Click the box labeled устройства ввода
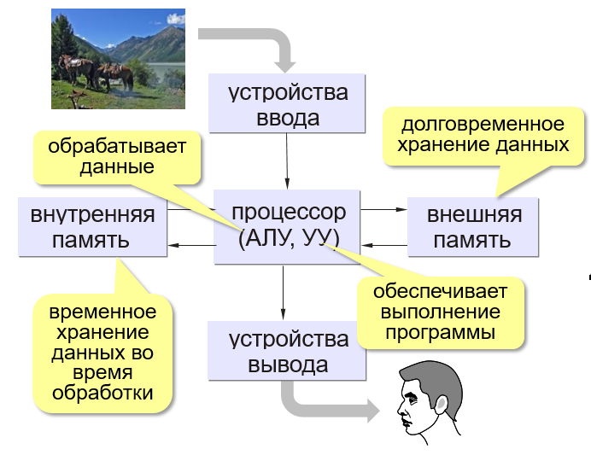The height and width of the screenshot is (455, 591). [x=288, y=103]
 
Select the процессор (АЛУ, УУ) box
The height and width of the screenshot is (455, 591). [x=288, y=225]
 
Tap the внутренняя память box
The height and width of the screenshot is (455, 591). [x=92, y=226]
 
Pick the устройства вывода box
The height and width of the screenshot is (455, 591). [x=288, y=352]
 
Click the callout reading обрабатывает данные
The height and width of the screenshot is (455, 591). [x=117, y=156]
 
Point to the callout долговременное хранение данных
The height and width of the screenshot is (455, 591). [x=483, y=134]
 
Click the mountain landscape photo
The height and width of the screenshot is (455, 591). [x=117, y=58]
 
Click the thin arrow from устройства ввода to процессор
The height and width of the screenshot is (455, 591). [x=287, y=160]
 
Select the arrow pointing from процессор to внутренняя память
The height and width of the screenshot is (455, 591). [x=191, y=246]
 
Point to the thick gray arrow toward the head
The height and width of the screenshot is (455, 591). [x=325, y=405]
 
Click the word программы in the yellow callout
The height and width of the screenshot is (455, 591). [x=440, y=332]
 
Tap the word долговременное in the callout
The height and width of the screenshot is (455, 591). [x=483, y=124]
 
